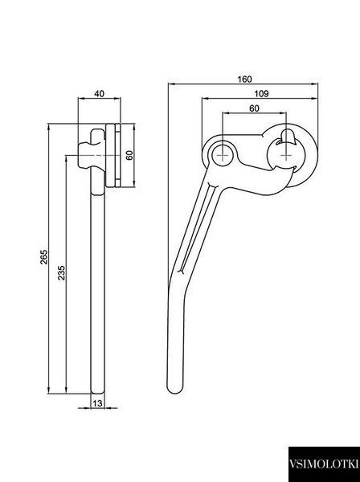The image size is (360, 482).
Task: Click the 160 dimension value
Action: (x=244, y=79)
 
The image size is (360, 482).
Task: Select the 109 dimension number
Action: (x=261, y=93)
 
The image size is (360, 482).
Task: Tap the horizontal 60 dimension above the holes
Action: (x=254, y=108)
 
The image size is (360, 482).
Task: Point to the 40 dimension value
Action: (x=99, y=93)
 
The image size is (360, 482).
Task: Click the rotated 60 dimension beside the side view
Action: (x=129, y=155)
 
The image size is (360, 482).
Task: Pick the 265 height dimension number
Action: (x=44, y=257)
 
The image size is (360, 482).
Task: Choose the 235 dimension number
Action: (x=62, y=272)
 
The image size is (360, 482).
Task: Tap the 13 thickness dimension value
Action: (x=97, y=403)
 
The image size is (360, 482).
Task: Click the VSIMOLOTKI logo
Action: (x=324, y=464)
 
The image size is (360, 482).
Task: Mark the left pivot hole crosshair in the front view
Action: (x=223, y=155)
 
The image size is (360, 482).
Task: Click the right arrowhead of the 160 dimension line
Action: (x=315, y=84)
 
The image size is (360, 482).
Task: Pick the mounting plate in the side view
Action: (x=112, y=155)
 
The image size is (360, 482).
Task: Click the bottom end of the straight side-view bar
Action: (x=98, y=392)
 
